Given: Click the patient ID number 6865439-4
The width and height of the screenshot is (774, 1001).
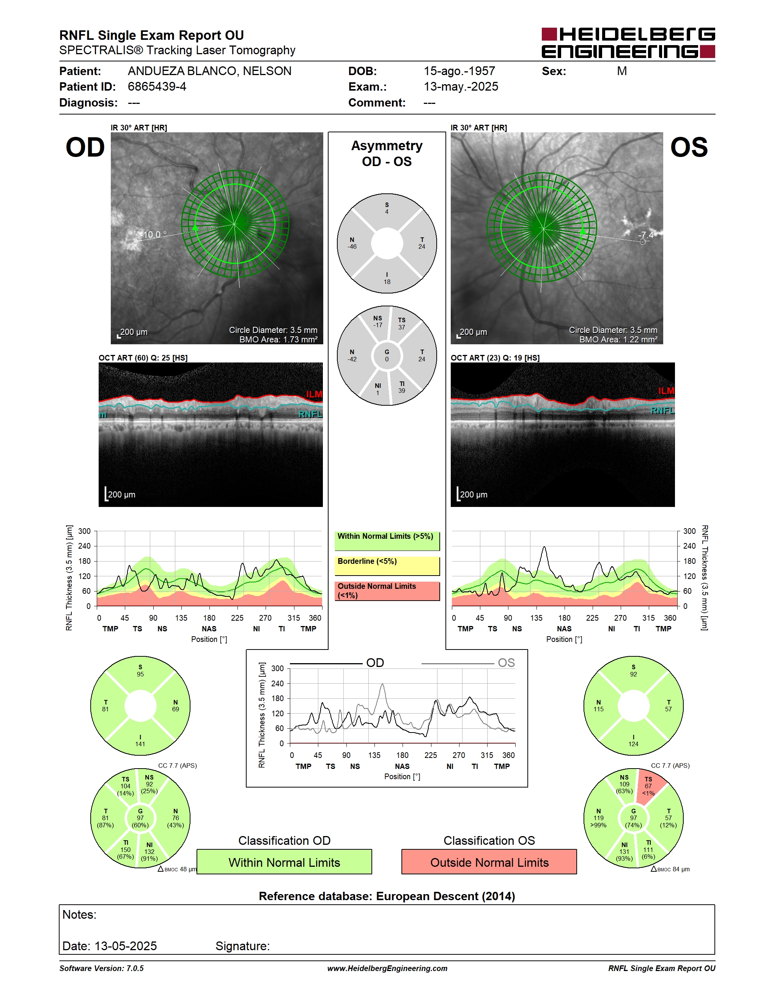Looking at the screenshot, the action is tap(157, 86).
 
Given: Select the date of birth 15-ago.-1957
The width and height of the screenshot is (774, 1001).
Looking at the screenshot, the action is tap(459, 71).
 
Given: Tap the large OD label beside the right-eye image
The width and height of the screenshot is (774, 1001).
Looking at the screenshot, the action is tap(85, 147).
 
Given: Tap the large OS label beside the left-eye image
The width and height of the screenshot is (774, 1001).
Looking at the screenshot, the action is tap(689, 147).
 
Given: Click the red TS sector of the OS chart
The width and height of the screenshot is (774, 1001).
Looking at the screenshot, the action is tap(650, 786).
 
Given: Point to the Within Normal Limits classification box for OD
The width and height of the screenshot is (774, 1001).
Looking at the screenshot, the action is tap(284, 862).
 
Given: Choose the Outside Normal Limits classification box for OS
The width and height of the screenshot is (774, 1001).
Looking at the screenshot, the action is tap(489, 862).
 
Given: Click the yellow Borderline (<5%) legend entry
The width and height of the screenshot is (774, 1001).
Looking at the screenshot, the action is tap(387, 566).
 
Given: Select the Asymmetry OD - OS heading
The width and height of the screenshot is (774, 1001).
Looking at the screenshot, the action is tap(387, 154).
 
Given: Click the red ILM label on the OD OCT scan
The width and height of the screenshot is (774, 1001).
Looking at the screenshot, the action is tap(314, 394).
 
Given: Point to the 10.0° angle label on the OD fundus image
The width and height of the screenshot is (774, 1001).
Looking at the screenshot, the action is tap(155, 235).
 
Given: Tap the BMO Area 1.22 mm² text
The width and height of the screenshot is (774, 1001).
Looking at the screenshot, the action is tap(618, 340).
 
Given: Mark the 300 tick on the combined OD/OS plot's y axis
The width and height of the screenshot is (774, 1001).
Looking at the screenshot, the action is tap(277, 668).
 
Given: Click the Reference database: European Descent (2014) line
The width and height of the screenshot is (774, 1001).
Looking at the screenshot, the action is tap(387, 896).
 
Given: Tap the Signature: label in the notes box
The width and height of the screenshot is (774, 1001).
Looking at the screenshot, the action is tap(242, 946).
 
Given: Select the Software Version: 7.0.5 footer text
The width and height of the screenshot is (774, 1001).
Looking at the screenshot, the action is tap(101, 968).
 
